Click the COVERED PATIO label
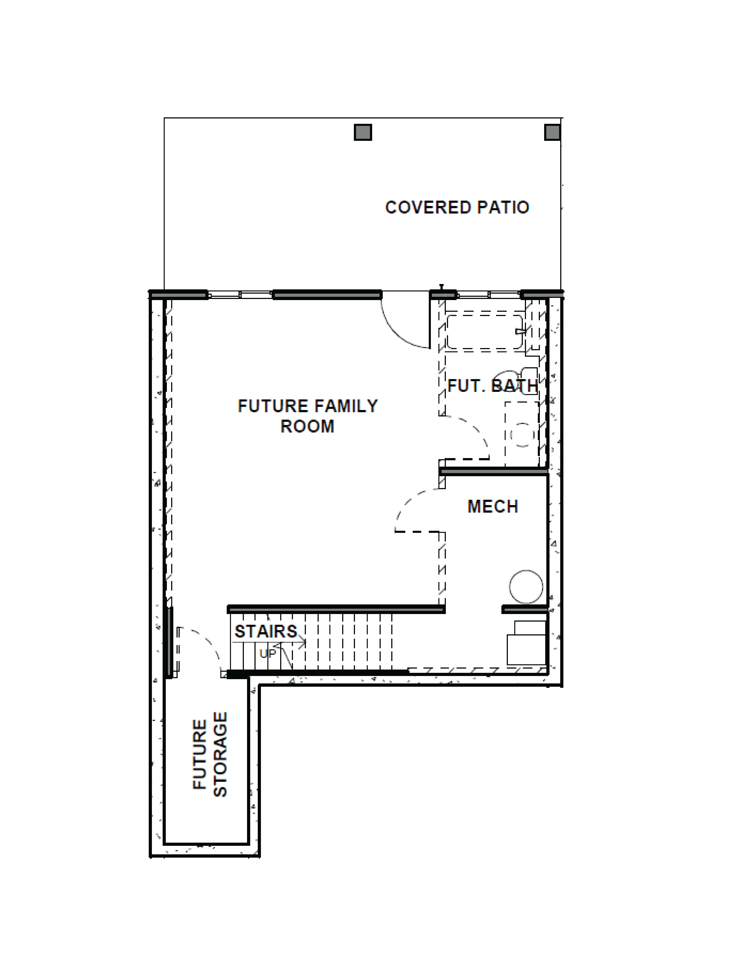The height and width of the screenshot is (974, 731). pyautogui.click(x=457, y=207)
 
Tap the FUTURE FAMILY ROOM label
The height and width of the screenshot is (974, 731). pyautogui.click(x=308, y=416)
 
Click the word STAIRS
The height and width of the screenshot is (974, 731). pyautogui.click(x=266, y=631)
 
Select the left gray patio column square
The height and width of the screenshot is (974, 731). pyautogui.click(x=363, y=132)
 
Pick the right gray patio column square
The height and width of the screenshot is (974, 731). pyautogui.click(x=552, y=132)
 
